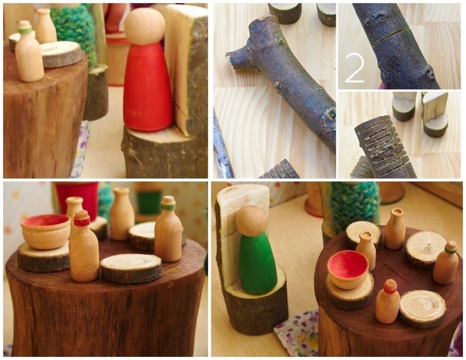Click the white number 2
(355, 69)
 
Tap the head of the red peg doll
(144, 27)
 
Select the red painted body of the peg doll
(147, 87)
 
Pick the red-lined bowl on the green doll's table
(348, 269)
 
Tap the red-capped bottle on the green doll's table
(387, 302)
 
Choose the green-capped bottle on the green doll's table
(445, 263)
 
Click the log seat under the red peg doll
(165, 153)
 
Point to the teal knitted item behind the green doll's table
(354, 205)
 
